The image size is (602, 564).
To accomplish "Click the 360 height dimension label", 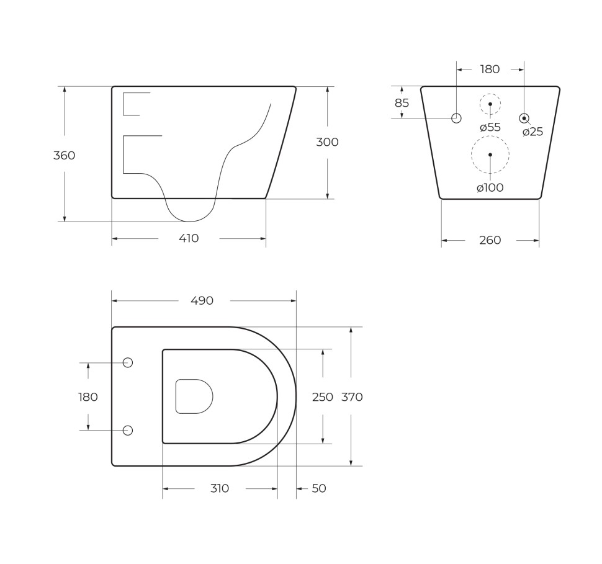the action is click(x=64, y=156).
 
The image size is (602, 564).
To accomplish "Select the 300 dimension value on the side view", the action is click(x=327, y=142).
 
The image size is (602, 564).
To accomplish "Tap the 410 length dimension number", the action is click(x=189, y=238).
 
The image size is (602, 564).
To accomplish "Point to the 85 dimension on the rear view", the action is click(x=402, y=103).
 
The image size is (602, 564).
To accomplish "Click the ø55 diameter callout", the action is click(x=490, y=127).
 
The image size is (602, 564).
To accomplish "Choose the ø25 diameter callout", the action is click(x=533, y=132).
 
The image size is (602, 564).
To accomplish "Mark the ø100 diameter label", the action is click(x=490, y=188).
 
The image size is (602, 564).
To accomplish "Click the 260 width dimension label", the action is click(x=490, y=240).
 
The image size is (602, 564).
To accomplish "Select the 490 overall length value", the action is click(x=202, y=301).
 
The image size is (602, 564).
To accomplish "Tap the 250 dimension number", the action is click(x=323, y=397).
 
